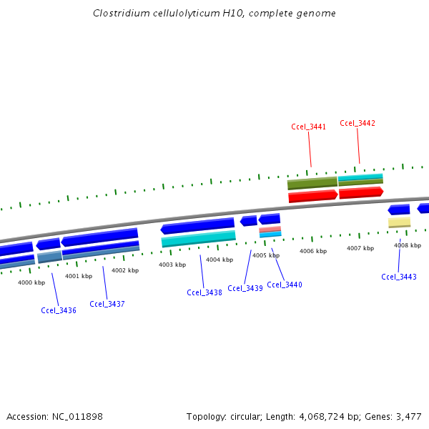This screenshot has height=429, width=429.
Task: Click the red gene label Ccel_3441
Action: click(309, 127)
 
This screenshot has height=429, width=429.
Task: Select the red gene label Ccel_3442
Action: click(357, 123)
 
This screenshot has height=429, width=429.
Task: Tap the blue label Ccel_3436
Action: click(59, 310)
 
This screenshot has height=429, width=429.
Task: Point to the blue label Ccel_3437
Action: click(107, 304)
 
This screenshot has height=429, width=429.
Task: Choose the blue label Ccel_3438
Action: click(204, 292)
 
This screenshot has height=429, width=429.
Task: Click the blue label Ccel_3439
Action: click(245, 288)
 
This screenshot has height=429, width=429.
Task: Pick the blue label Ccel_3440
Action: click(285, 285)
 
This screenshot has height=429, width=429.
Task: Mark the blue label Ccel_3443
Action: click(399, 277)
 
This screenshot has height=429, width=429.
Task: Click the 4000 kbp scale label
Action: click(31, 282)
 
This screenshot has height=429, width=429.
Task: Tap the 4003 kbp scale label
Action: click(172, 265)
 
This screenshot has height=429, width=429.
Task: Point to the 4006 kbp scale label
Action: click(313, 251)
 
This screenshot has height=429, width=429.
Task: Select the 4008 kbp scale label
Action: click(407, 245)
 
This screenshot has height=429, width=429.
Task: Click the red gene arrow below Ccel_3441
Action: click(312, 196)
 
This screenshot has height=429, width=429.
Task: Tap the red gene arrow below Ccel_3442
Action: click(360, 192)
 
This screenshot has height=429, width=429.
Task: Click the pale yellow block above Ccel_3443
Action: click(399, 223)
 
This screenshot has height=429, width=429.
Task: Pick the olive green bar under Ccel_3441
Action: click(312, 184)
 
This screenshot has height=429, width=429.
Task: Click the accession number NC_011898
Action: click(79, 416)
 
